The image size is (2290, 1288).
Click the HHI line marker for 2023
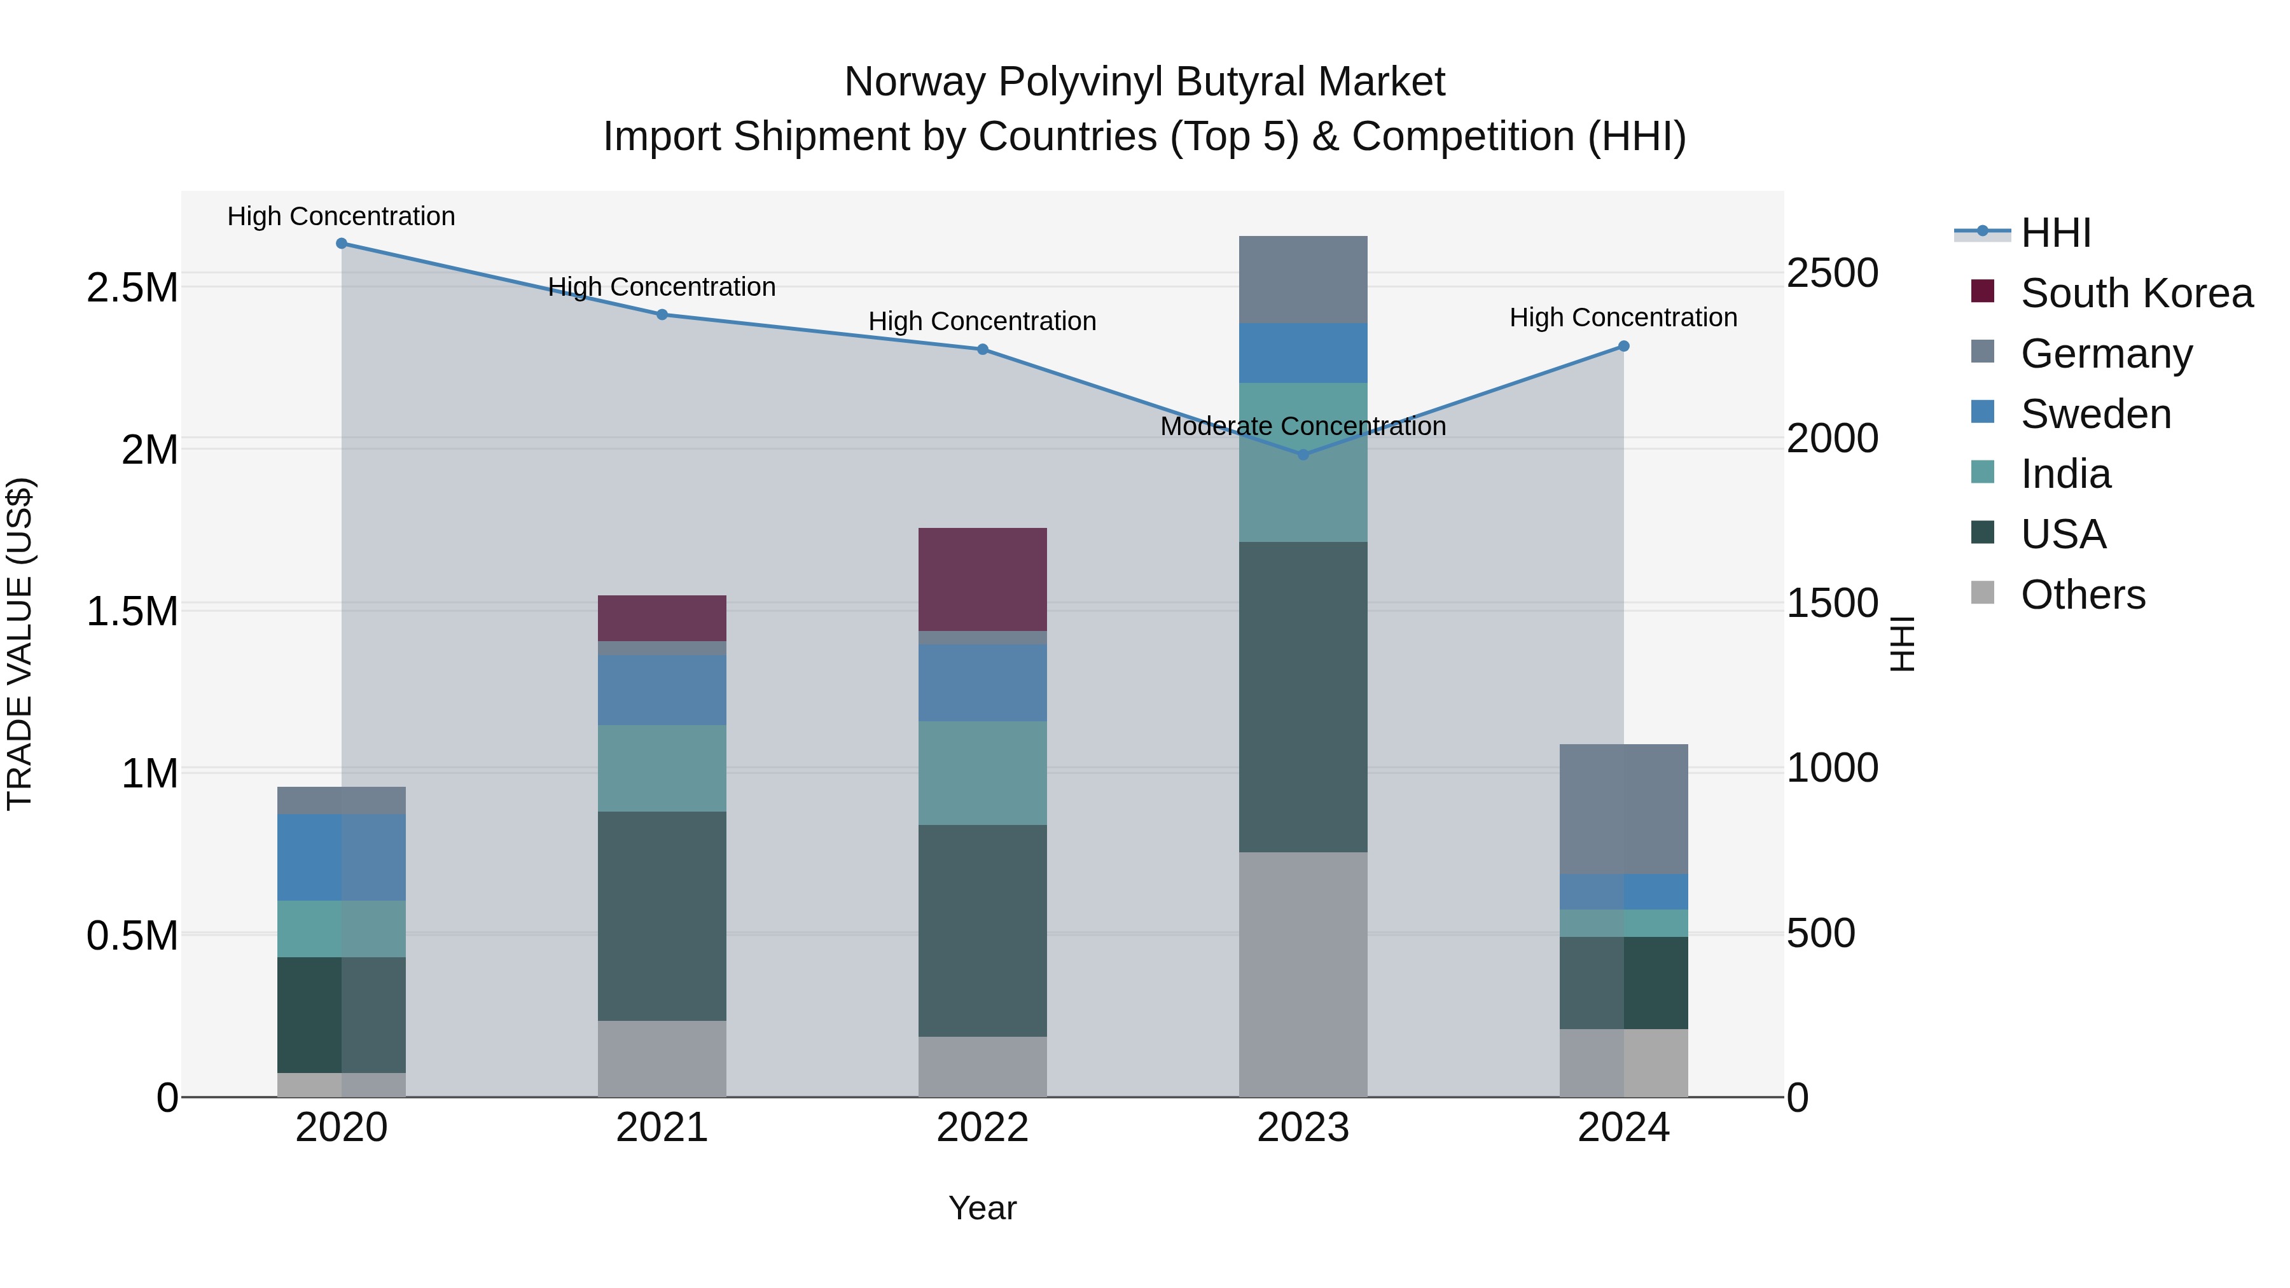1303,454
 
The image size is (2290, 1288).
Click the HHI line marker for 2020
342,244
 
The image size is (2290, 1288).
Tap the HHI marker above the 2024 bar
1623,347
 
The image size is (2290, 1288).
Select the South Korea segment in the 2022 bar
982,579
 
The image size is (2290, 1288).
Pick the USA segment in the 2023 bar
1303,697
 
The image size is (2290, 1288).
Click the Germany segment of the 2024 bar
1623,809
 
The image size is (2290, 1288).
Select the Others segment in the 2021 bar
662,1058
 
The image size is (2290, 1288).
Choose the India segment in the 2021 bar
662,768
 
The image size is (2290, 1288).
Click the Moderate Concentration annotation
1303,427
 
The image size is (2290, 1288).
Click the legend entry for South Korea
2136,293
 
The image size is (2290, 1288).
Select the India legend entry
2065,474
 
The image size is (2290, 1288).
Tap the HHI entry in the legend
2055,233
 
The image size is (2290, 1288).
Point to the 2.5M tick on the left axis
132,288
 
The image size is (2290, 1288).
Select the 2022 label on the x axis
982,1128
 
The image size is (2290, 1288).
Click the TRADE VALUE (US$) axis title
20,644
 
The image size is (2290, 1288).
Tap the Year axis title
982,1208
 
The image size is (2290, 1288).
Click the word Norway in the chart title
915,82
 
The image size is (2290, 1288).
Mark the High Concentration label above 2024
1623,317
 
